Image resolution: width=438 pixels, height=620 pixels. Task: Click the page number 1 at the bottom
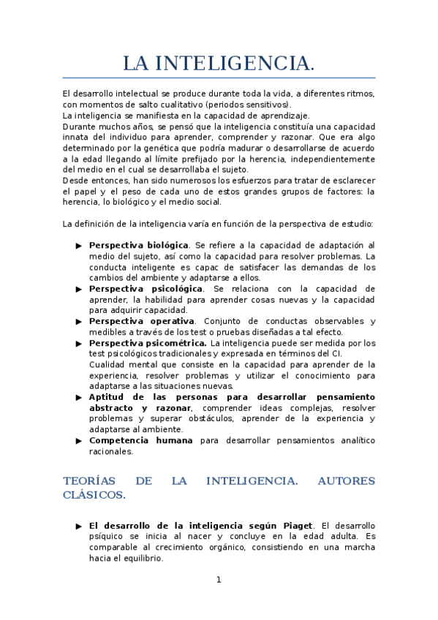coord(218,580)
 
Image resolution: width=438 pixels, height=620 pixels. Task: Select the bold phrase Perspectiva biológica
coord(138,245)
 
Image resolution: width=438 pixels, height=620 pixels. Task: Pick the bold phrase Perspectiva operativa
coord(142,321)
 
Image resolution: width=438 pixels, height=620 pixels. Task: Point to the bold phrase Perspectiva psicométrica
coord(147,343)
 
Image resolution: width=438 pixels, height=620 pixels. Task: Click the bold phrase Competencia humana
coord(141,440)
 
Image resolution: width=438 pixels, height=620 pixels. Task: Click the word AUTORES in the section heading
coord(347,481)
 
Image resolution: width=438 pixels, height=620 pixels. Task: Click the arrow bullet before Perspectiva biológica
coord(78,246)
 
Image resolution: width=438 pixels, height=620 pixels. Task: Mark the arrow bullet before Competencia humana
coord(78,441)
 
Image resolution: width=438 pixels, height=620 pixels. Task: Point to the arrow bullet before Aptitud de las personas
coord(78,397)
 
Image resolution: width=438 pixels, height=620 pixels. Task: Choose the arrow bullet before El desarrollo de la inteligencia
coord(78,526)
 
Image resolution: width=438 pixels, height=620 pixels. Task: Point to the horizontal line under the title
coord(219,77)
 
